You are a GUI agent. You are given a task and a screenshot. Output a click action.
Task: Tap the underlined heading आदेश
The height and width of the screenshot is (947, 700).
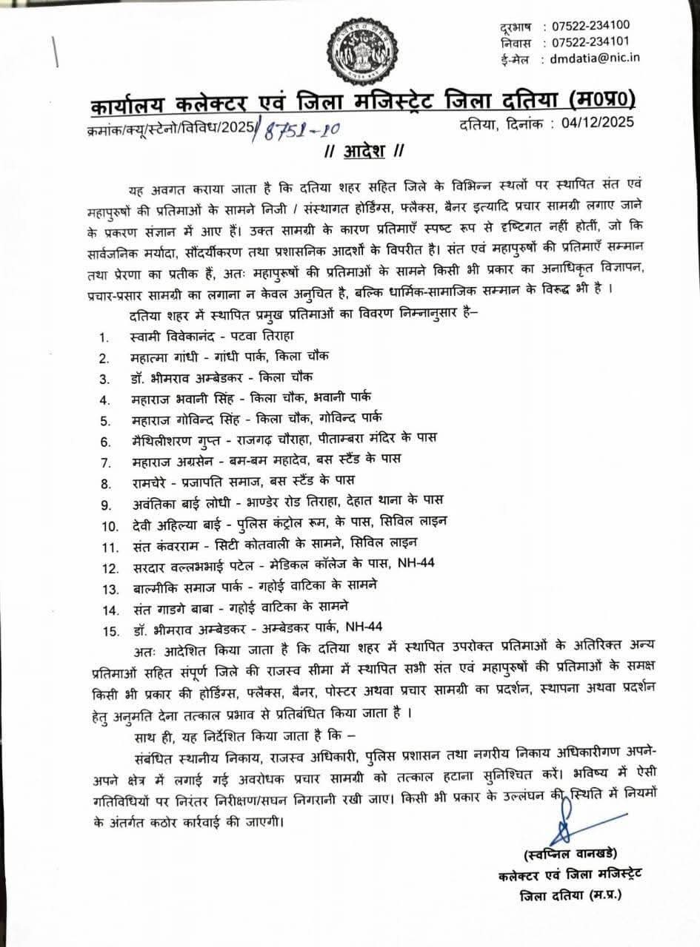[360, 152]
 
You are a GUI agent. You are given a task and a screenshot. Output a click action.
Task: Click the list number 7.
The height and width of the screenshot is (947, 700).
[105, 463]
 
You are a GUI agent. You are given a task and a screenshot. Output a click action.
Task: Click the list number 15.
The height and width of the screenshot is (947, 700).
[108, 631]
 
